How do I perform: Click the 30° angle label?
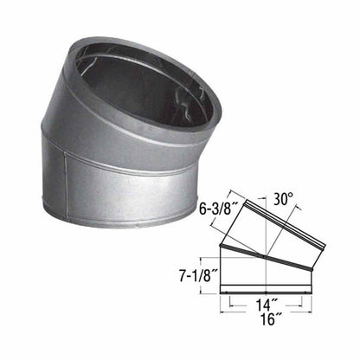coord(284,197)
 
